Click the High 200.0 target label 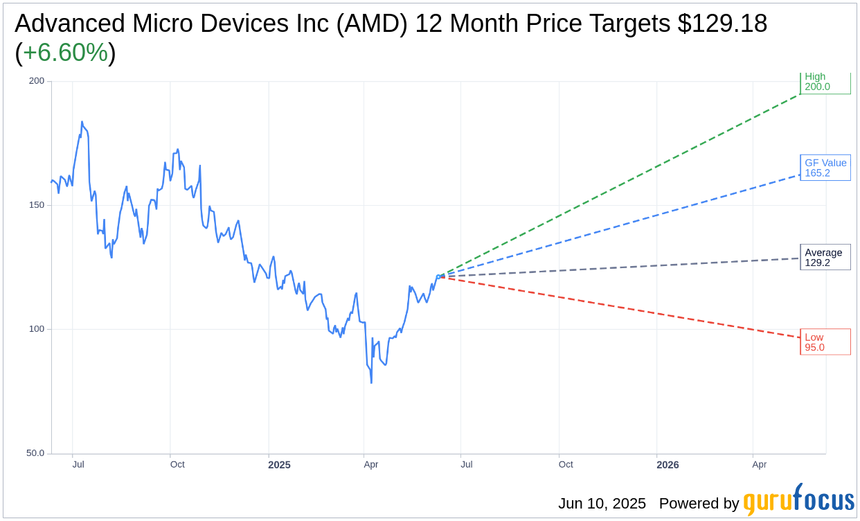825,82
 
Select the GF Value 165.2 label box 825,168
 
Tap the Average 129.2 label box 825,257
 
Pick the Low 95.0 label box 825,342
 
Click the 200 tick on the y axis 36,80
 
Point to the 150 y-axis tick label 36,205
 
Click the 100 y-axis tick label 36,329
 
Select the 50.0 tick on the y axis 35,453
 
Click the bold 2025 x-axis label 279,465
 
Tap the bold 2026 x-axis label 668,465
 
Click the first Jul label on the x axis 78,464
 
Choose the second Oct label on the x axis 566,464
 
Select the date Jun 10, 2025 602,504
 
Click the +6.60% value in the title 65,53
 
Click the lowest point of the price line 371,382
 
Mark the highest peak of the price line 82,122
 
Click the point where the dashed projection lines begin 439,276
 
